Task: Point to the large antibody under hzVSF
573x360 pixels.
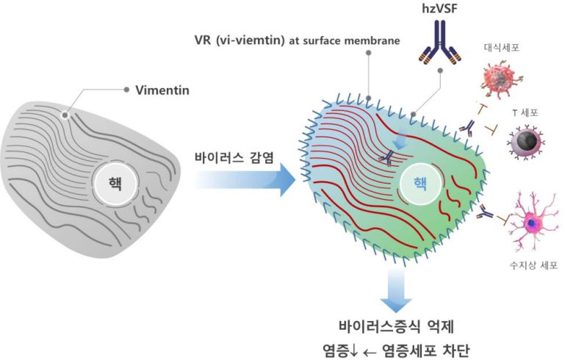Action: click(x=438, y=43)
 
